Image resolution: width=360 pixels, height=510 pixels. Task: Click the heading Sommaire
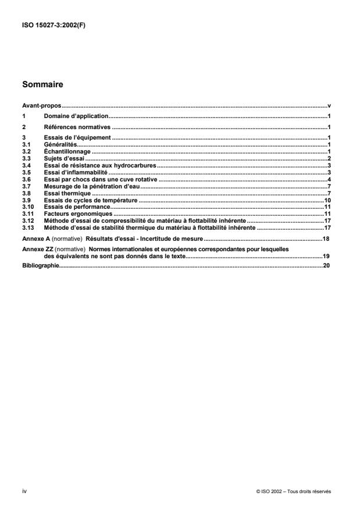[42, 84]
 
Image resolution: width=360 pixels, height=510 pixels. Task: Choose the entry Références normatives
[77, 127]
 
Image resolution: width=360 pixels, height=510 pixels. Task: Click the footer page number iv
[24, 491]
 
